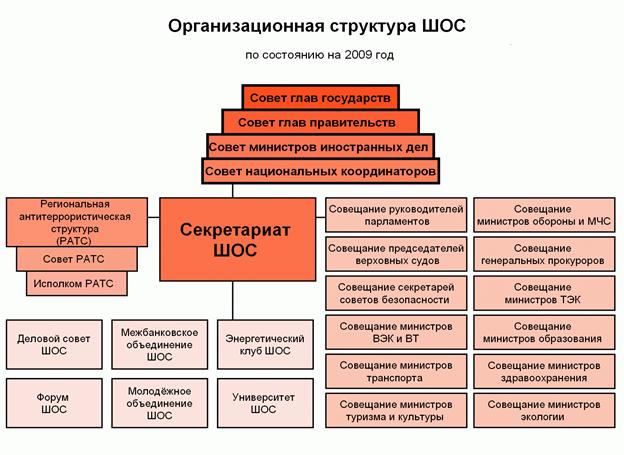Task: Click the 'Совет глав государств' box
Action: point(320,96)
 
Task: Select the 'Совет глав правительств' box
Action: point(320,121)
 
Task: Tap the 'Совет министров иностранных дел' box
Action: point(320,146)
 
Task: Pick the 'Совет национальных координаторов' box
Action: point(320,171)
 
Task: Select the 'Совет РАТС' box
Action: point(75,259)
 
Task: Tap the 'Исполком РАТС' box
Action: point(77,284)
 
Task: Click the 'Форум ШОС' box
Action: point(53,403)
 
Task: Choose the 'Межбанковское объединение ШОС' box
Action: point(158,344)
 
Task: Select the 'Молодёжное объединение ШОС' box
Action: point(158,403)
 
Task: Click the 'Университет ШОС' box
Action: point(257,403)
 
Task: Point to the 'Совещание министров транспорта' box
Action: point(395,371)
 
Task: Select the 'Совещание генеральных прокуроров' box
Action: point(543,254)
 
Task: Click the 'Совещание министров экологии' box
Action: point(543,410)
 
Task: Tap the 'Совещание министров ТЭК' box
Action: point(543,293)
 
